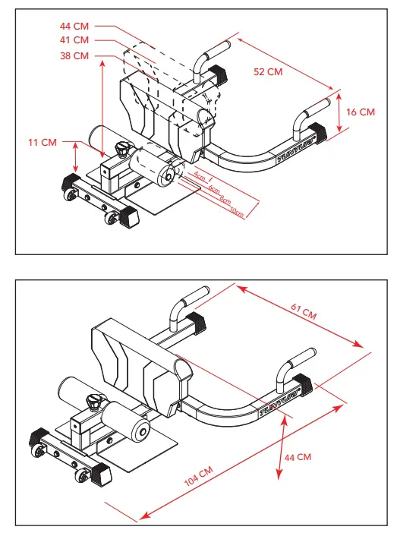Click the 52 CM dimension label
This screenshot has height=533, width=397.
268,71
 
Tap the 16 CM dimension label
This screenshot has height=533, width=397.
361,112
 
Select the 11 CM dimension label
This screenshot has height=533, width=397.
43,142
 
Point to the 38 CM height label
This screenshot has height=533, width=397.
74,55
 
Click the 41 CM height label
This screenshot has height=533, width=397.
74,40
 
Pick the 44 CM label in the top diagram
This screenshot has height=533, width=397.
74,26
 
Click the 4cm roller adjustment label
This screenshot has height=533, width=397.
200,176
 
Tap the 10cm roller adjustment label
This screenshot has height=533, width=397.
237,212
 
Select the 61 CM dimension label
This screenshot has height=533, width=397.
304,312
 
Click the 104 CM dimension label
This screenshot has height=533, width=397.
199,476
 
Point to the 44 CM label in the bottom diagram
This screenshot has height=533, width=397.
298,457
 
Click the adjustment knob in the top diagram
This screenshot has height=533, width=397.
121,150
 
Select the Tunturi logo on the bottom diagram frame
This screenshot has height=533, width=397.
279,403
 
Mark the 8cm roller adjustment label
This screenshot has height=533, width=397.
225,200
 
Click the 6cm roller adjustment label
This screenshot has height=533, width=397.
214,189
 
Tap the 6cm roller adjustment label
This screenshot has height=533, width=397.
214,189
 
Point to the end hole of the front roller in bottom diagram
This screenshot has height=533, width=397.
143,432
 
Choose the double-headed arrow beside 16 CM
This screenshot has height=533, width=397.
339,112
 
